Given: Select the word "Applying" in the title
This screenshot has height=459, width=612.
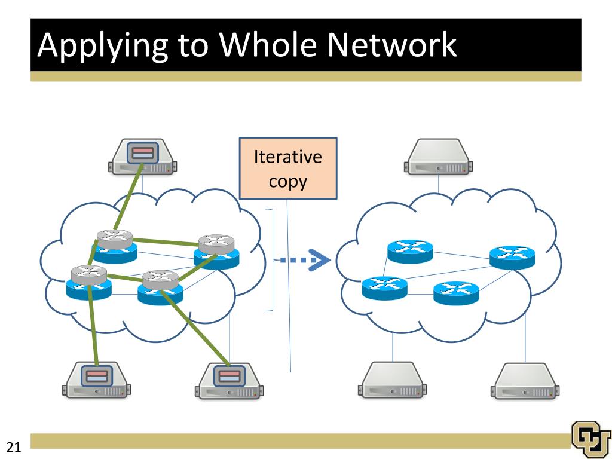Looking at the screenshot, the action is tap(103, 47).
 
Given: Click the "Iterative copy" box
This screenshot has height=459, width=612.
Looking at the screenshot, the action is tap(288, 168).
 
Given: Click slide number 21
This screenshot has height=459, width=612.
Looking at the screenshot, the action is tap(14, 447).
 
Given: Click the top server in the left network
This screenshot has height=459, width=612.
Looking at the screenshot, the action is tap(142, 157).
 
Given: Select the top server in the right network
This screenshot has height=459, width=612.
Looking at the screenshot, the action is tap(438, 157).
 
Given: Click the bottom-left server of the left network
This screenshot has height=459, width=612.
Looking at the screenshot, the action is tap(96, 381).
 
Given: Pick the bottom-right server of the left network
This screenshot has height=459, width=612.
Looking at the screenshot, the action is tap(229, 381).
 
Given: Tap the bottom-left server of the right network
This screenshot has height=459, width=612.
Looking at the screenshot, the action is tap(392, 380).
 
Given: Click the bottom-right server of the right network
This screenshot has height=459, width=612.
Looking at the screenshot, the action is tap(525, 381).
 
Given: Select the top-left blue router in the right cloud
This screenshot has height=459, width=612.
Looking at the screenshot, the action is tap(410, 252).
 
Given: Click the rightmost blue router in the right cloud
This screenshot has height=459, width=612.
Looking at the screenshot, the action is tap(512, 258).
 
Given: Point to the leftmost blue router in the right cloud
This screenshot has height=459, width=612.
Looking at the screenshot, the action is tap(384, 288).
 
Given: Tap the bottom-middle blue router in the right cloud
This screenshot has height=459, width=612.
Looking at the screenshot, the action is tap(456, 293).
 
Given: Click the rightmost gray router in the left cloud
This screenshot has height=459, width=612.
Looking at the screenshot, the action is tap(216, 244).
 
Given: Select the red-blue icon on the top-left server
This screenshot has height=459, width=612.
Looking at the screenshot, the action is tap(142, 152).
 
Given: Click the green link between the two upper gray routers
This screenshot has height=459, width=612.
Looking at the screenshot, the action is tap(166, 242).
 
